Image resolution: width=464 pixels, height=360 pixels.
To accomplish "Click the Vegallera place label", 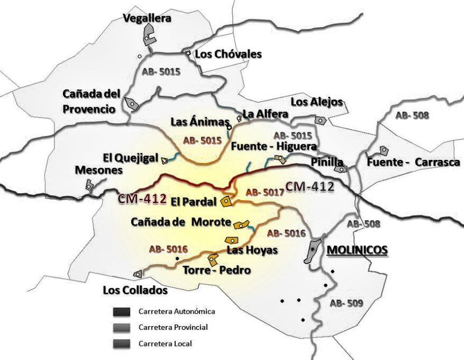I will click(x=147, y=18).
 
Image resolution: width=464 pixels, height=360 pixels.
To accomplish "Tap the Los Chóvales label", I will click(x=228, y=54).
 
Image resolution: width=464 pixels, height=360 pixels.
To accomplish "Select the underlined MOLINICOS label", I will click(x=357, y=250).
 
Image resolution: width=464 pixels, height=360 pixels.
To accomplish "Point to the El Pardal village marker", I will click(x=226, y=202).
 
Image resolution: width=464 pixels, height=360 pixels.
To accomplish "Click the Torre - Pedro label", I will click(x=217, y=270).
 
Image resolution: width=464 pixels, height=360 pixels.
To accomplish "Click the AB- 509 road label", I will click(x=346, y=303).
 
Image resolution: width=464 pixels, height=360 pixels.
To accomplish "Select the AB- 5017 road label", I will click(x=265, y=192).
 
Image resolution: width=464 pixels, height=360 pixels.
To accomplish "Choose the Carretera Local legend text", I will click(x=165, y=343).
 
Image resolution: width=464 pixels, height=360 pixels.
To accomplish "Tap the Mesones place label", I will click(x=98, y=170).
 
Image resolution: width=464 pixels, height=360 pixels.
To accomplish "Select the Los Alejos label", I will click(x=316, y=102).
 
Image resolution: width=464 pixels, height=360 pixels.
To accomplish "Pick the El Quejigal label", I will click(x=130, y=158).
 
